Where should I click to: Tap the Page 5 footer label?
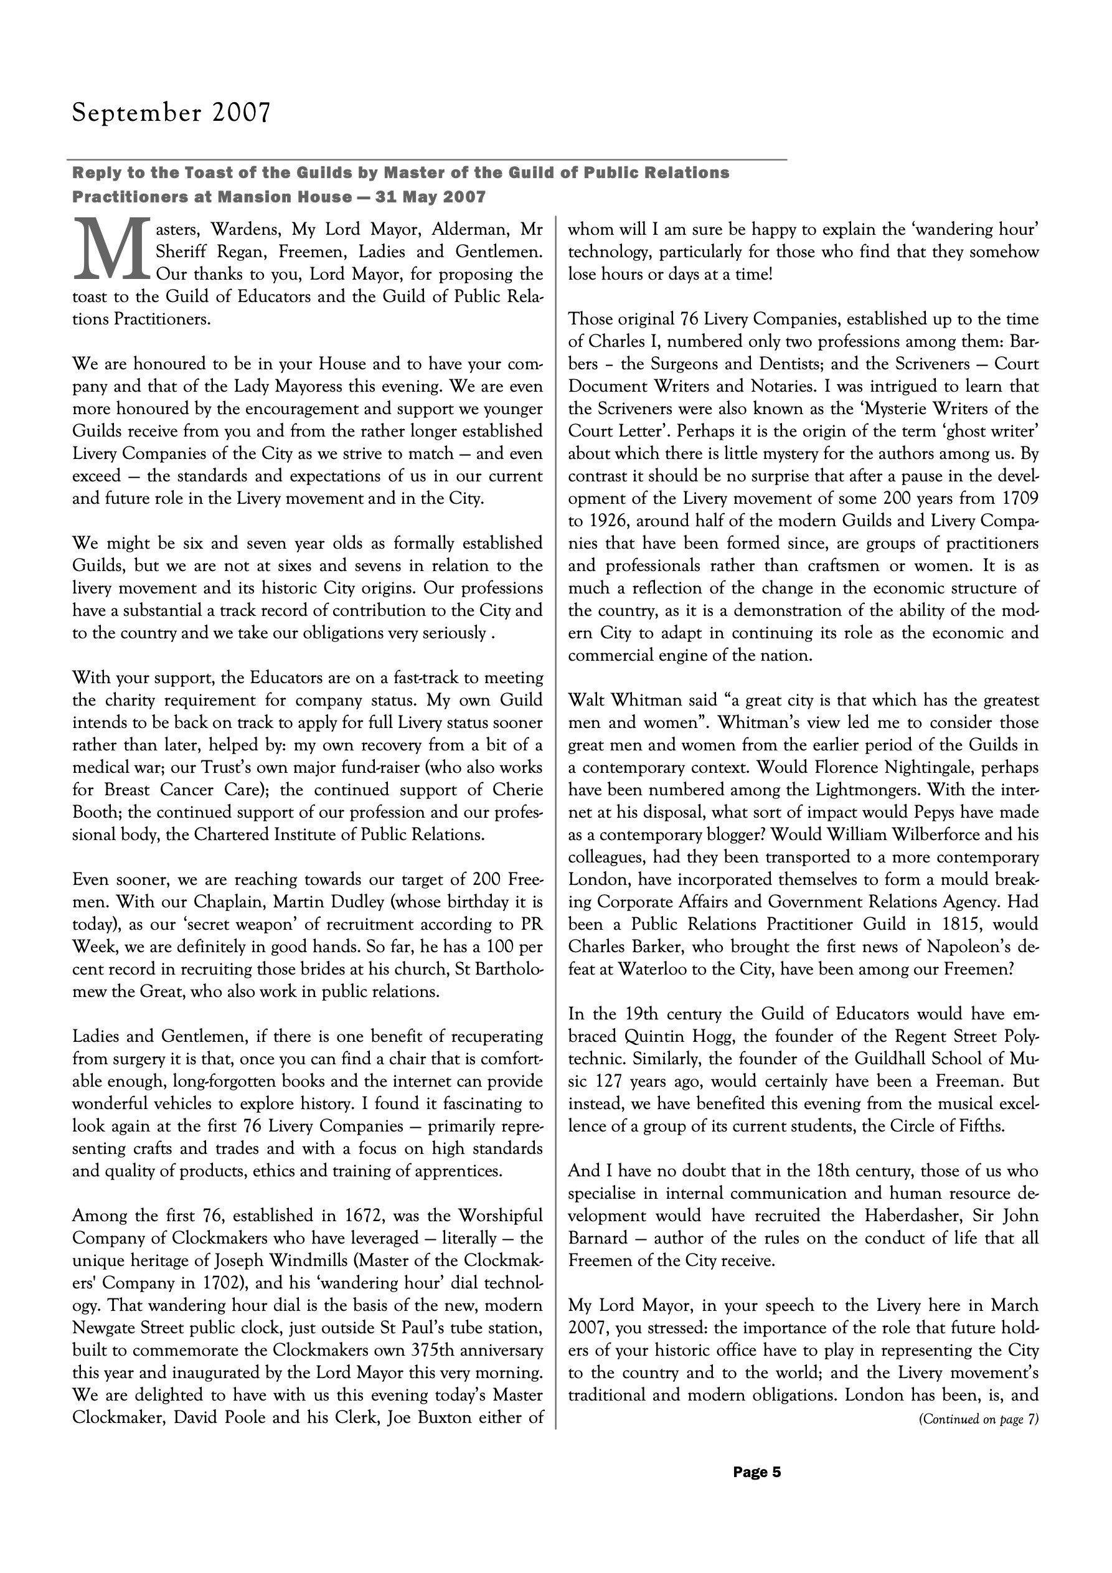click(757, 1471)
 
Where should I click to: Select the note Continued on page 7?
click(978, 1420)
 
